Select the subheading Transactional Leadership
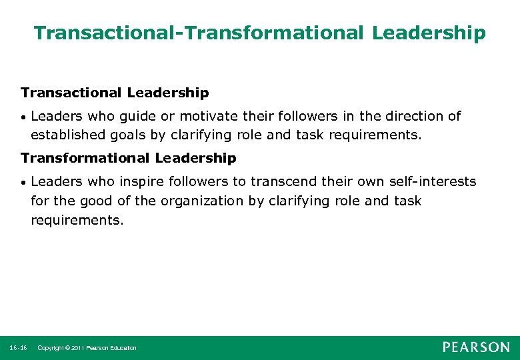click(115, 93)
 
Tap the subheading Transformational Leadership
click(128, 158)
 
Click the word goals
click(129, 135)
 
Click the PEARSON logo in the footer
click(475, 347)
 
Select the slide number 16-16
click(19, 348)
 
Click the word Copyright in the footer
click(51, 348)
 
